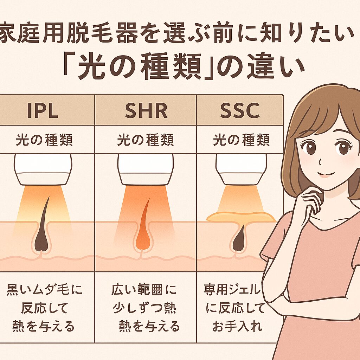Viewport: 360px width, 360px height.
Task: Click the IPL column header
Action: [x=43, y=110]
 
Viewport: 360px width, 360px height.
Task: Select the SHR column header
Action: [x=146, y=110]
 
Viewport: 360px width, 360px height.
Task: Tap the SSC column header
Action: [x=240, y=110]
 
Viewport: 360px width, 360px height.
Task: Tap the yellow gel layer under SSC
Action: [x=241, y=217]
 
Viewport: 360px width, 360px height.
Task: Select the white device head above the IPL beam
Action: [x=43, y=169]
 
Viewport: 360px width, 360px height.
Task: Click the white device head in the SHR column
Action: [x=145, y=169]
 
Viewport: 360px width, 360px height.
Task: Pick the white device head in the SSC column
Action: [x=241, y=169]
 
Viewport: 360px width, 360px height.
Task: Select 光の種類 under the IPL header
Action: [x=44, y=140]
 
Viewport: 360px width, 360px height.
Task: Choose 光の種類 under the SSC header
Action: [x=241, y=140]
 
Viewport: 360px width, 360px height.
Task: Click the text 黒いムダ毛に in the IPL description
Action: [x=44, y=290]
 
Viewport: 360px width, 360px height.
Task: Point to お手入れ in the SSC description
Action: [x=237, y=326]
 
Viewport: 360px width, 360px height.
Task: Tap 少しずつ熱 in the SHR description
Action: [x=144, y=308]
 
